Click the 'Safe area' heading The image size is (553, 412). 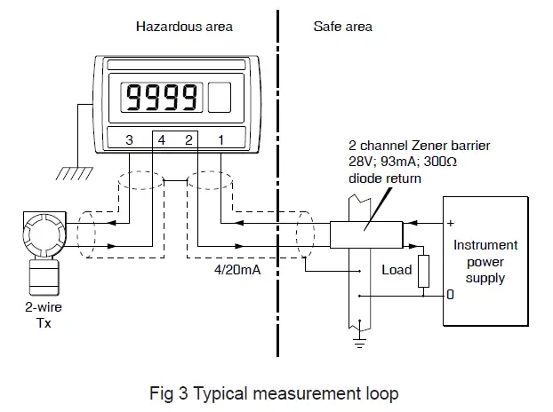pyautogui.click(x=342, y=27)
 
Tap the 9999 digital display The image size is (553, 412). pyautogui.click(x=162, y=96)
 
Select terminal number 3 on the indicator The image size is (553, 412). pyautogui.click(x=129, y=140)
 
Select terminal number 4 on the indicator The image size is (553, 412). pyautogui.click(x=161, y=140)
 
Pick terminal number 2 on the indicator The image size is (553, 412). pyautogui.click(x=188, y=140)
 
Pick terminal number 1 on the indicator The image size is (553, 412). pyautogui.click(x=220, y=140)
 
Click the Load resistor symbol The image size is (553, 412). pyautogui.click(x=422, y=271)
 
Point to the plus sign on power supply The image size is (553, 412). pyautogui.click(x=451, y=223)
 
